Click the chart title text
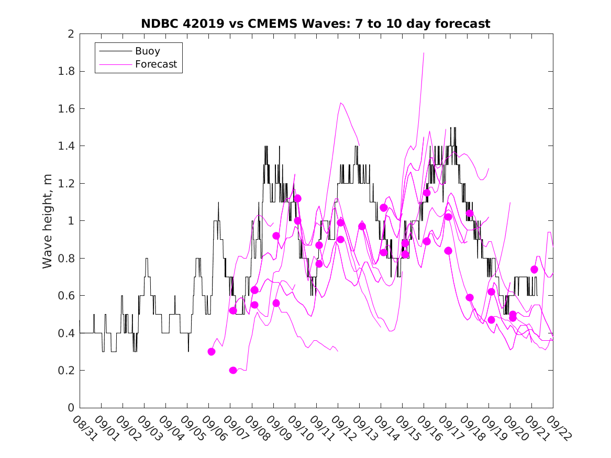316,24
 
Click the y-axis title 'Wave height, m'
48,221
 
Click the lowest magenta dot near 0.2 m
233,371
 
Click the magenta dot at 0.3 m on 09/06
212,352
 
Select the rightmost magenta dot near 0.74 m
534,270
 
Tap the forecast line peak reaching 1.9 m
424,53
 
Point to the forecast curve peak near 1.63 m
341,103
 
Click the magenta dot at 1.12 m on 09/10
297,198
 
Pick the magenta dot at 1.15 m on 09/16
427,193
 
